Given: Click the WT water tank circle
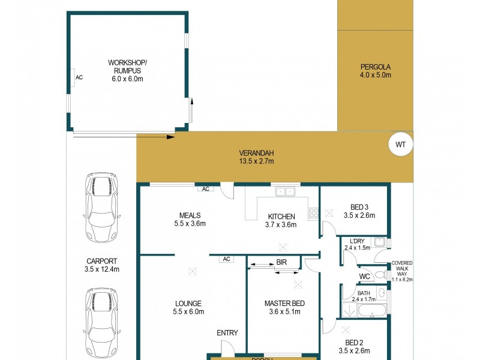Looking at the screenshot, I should pyautogui.click(x=401, y=144).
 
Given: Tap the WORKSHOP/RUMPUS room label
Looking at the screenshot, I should pyautogui.click(x=127, y=67).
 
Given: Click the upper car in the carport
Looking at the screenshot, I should pyautogui.click(x=101, y=207).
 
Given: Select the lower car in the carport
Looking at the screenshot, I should pyautogui.click(x=101, y=322).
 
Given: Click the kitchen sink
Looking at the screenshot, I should pyautogui.click(x=284, y=192).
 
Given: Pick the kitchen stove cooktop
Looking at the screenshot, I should pyautogui.click(x=313, y=212).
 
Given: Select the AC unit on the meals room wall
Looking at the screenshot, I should pyautogui.click(x=205, y=189).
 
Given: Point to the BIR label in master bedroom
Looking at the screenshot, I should pyautogui.click(x=281, y=262).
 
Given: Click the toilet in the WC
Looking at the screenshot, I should pyautogui.click(x=378, y=276).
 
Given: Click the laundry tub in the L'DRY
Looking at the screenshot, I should pyautogui.click(x=378, y=242).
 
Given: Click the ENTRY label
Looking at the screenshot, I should pyautogui.click(x=227, y=333).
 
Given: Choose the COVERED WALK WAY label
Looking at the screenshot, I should pyautogui.click(x=401, y=271).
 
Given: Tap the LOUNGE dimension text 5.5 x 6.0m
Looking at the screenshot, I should pyautogui.click(x=188, y=311).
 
